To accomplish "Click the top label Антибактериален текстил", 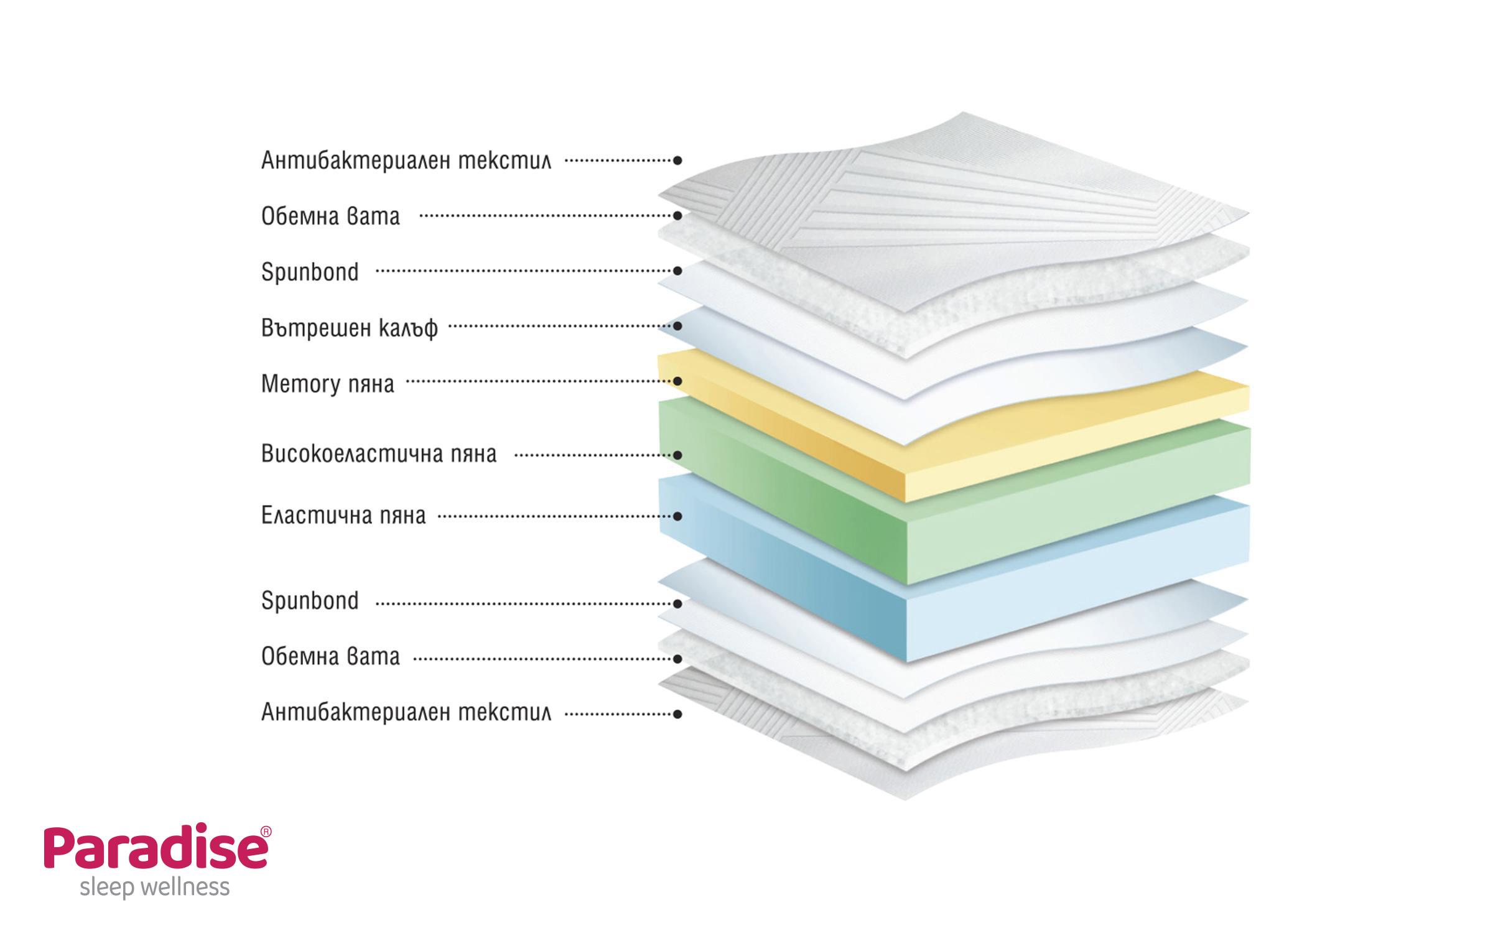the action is (x=406, y=160).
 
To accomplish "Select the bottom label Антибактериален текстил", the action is (x=406, y=712).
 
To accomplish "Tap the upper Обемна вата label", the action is (x=330, y=216).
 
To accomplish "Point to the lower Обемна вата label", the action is (x=330, y=656).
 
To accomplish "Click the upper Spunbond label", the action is (x=310, y=272).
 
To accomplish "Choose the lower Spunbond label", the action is (x=310, y=601).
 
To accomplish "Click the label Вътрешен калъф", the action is (x=350, y=327).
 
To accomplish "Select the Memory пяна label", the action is (x=328, y=384).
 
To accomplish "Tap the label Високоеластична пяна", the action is (x=379, y=454).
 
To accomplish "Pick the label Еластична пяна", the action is (x=343, y=515).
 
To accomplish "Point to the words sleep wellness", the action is (x=155, y=887).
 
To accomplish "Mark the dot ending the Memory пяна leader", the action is (x=678, y=381).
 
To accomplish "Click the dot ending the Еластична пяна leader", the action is (x=678, y=516).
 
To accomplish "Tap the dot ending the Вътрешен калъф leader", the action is (x=678, y=326).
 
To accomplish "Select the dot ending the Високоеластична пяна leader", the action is (x=678, y=455).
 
